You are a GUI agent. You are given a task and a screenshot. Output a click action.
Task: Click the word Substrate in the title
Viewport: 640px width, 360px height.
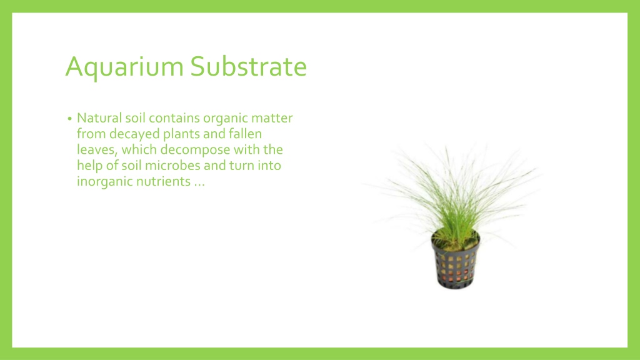click(249, 66)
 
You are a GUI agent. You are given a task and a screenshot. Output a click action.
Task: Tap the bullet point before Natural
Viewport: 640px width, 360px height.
click(70, 119)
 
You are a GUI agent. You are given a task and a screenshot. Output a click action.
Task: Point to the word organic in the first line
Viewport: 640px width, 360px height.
click(225, 119)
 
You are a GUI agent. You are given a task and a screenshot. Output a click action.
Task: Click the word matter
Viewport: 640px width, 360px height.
click(272, 118)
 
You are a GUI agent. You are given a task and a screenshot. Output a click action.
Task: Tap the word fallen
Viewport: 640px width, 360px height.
click(245, 134)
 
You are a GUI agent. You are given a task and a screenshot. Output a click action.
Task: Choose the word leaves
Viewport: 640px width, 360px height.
click(97, 150)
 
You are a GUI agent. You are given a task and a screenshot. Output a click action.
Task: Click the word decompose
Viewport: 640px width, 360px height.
click(195, 151)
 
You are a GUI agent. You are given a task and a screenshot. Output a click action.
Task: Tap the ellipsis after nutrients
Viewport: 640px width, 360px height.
click(199, 185)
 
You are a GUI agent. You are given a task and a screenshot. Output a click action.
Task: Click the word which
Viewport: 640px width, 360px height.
click(139, 150)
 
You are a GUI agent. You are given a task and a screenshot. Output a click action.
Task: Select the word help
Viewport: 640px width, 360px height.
click(89, 166)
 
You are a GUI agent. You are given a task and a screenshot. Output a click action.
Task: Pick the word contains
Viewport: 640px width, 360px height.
click(174, 118)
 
